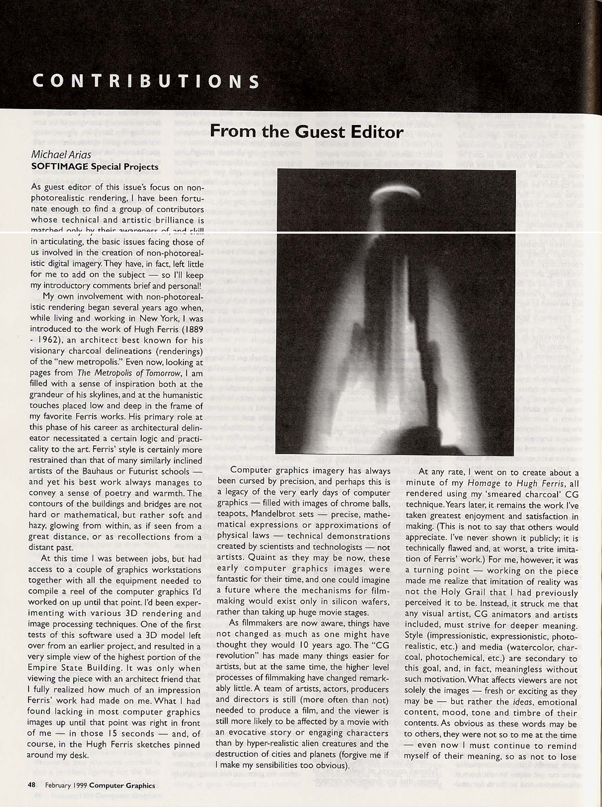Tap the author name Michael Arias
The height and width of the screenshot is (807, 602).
click(61, 155)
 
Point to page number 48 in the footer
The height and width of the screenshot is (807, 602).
click(31, 786)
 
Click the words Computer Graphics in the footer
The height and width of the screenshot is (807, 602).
click(122, 786)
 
